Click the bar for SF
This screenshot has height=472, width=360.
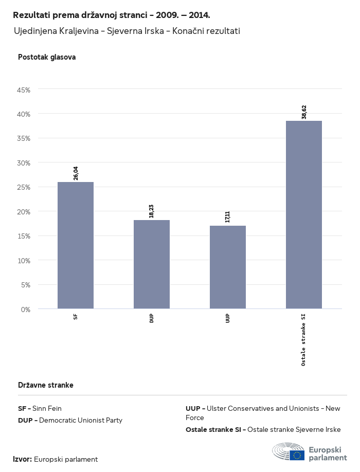coord(76,245)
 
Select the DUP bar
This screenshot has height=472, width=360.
coord(152,264)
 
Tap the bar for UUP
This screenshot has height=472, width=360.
coord(228,267)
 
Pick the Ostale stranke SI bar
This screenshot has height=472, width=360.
coord(304,215)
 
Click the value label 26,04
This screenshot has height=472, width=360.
coord(76,173)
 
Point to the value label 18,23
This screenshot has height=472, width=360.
coord(152,211)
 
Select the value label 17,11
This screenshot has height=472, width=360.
coord(228,217)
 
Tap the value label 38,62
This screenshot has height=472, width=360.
coord(304,112)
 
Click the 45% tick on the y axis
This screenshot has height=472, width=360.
coord(24,89)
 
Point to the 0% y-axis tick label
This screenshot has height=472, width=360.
coord(26,310)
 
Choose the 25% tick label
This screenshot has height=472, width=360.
coord(24,187)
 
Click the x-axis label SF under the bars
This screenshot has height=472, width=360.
coord(76,317)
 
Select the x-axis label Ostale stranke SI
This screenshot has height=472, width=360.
coord(304,339)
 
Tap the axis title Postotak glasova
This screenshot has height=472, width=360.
coord(47,57)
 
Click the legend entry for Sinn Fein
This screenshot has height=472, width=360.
coord(40,408)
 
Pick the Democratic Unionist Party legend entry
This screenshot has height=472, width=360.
coord(70,420)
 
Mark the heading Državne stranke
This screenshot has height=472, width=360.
coord(46,385)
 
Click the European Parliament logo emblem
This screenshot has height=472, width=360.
coord(289,451)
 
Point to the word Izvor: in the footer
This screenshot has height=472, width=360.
coord(23,459)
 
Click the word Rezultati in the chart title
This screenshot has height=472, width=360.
coord(32,15)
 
